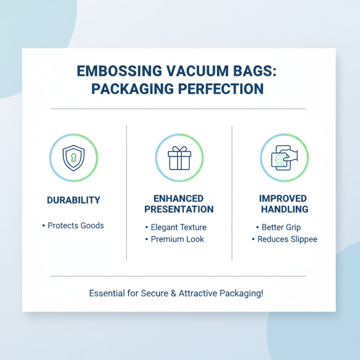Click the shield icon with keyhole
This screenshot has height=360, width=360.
tap(73, 158)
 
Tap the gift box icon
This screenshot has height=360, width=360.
tap(179, 158)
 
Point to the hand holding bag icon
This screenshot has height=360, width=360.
tap(284, 158)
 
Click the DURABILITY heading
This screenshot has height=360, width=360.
tap(73, 200)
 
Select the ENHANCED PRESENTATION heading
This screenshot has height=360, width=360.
tap(179, 204)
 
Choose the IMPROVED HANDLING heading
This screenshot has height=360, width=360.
tap(283, 204)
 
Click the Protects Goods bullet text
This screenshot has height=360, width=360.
tap(76, 225)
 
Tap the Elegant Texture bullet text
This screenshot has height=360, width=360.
tap(178, 227)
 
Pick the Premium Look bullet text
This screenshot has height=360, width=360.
tap(177, 239)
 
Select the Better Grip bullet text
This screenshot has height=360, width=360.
tap(281, 227)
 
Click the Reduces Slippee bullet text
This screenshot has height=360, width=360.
tap(287, 239)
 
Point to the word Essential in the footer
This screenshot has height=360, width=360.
tap(107, 293)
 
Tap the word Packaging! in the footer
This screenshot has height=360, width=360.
tap(242, 293)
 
